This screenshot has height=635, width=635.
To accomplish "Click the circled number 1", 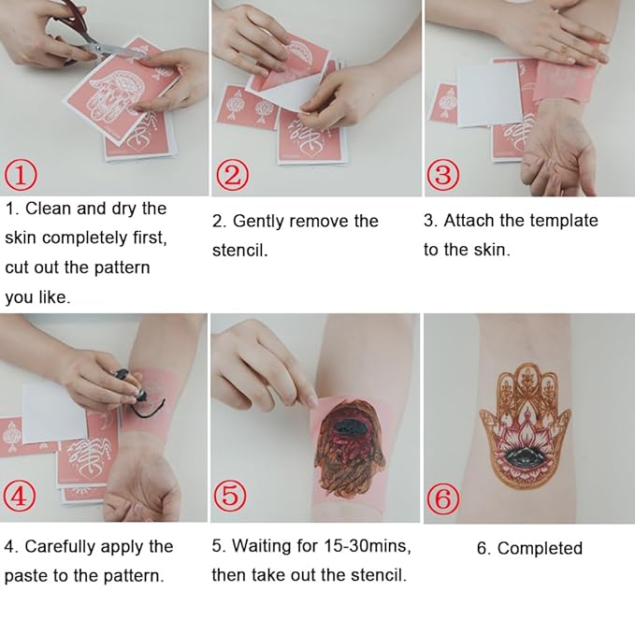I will click(x=22, y=174).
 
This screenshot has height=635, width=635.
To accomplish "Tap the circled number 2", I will click(x=232, y=174).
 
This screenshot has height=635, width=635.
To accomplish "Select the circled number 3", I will click(x=444, y=174).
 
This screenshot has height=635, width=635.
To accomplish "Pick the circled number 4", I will click(x=22, y=497).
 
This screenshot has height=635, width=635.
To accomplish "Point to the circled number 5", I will click(x=232, y=497).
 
